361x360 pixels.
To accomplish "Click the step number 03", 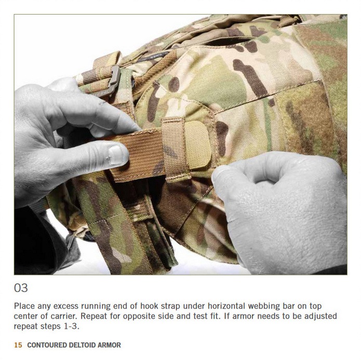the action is [x=21, y=288].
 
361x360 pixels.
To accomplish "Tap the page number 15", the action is [x=18, y=345].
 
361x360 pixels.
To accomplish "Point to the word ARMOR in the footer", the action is [x=109, y=345].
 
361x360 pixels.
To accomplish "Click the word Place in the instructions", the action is [x=24, y=306].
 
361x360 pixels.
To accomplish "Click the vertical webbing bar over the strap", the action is [x=175, y=149].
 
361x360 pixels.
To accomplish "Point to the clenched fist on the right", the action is [x=278, y=212].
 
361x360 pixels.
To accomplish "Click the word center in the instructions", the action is [x=25, y=316].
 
